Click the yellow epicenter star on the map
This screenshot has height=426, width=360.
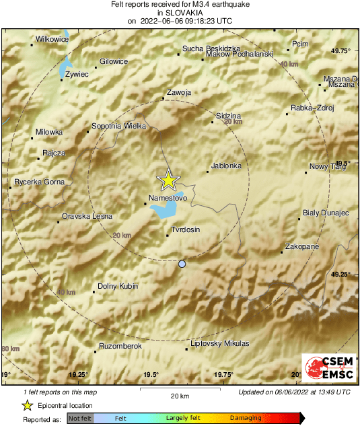point(168,180)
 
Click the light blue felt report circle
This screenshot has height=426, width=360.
point(182,264)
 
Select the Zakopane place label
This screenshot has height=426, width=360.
point(301,247)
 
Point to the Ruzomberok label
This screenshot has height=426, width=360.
point(120,345)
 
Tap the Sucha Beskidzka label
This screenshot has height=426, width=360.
point(211,49)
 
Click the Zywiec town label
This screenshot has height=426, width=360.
point(77,74)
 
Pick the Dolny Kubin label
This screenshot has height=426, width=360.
point(118,286)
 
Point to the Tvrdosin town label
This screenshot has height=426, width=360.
point(186,229)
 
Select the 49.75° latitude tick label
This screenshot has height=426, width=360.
point(342,51)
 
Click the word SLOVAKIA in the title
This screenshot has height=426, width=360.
point(180,12)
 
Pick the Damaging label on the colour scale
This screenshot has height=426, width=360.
point(246,418)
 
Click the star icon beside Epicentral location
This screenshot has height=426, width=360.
point(27,405)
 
